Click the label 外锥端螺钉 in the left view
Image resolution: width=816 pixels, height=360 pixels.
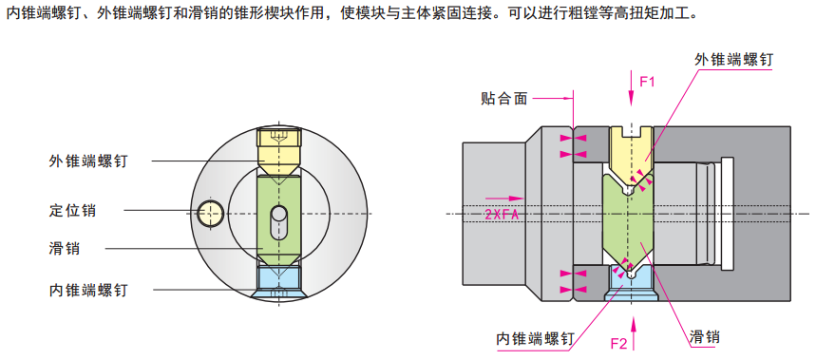88,161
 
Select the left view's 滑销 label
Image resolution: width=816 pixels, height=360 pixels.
64,248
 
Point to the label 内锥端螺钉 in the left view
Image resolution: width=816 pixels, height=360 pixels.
88,289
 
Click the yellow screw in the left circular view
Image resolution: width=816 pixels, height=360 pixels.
278,148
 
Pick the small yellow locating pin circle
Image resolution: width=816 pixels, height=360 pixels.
210,213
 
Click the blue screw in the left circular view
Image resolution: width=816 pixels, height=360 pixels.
278,280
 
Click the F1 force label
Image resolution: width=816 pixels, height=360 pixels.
648,82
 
